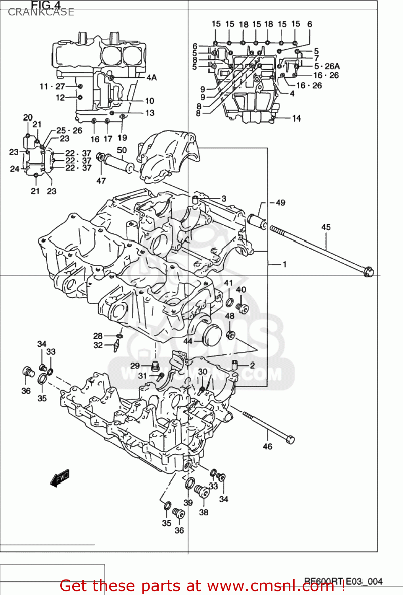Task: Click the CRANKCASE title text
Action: click(x=41, y=12)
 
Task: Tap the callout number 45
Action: click(x=326, y=227)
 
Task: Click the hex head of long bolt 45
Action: click(x=368, y=273)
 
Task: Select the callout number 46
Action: click(x=268, y=447)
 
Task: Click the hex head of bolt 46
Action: click(x=290, y=439)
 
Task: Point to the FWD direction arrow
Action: click(x=60, y=478)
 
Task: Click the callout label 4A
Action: click(x=152, y=77)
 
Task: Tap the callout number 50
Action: click(x=122, y=150)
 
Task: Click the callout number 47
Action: click(x=101, y=180)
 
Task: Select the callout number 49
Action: click(x=280, y=203)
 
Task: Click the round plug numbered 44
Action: click(x=210, y=335)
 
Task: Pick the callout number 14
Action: click(x=296, y=118)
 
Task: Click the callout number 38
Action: click(x=203, y=512)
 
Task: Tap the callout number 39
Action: click(x=188, y=503)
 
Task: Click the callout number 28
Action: click(x=98, y=336)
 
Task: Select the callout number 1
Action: click(x=284, y=264)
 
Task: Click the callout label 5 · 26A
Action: click(x=327, y=66)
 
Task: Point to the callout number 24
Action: click(x=15, y=169)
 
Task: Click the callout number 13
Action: click(x=150, y=113)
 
